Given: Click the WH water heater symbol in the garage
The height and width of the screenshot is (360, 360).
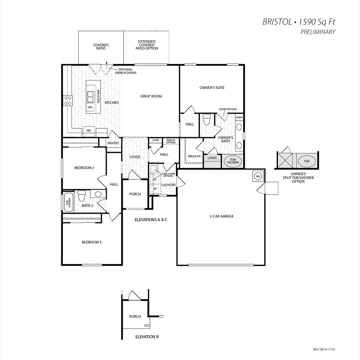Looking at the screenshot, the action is coord(258,176).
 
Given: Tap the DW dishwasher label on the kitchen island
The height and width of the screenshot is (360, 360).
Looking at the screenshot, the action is coord(90,107).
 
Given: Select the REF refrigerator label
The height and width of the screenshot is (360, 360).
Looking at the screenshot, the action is coord(89,130).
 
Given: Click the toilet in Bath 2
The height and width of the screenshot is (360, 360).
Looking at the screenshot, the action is coord(81,195).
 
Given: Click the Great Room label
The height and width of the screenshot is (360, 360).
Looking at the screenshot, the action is coord(151,97).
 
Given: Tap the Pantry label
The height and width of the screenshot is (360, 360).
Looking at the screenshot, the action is coord(114,143).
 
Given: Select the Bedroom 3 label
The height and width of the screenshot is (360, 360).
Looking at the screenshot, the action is coord(92,242).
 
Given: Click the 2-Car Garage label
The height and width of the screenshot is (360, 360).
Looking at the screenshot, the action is coord(222,216).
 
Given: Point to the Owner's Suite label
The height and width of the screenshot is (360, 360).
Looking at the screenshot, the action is coord(212,88).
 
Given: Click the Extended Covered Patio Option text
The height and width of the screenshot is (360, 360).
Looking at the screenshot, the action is coord(147,45).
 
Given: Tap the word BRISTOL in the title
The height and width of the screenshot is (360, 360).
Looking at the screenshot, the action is coord(277,22).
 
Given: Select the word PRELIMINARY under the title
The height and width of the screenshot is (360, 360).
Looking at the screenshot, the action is coord(318,32).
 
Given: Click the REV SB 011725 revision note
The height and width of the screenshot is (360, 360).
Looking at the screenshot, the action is coord(324,350).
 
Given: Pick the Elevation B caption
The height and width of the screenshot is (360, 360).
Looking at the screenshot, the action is coord(147,337).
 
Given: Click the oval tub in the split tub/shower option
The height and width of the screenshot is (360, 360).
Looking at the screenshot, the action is coord(307,161).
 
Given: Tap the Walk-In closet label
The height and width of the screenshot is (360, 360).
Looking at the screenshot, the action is coord(194,156).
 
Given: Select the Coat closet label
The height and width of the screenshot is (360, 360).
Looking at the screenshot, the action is coord(155,140).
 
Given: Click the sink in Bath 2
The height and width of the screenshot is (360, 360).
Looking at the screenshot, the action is coord(98,194).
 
